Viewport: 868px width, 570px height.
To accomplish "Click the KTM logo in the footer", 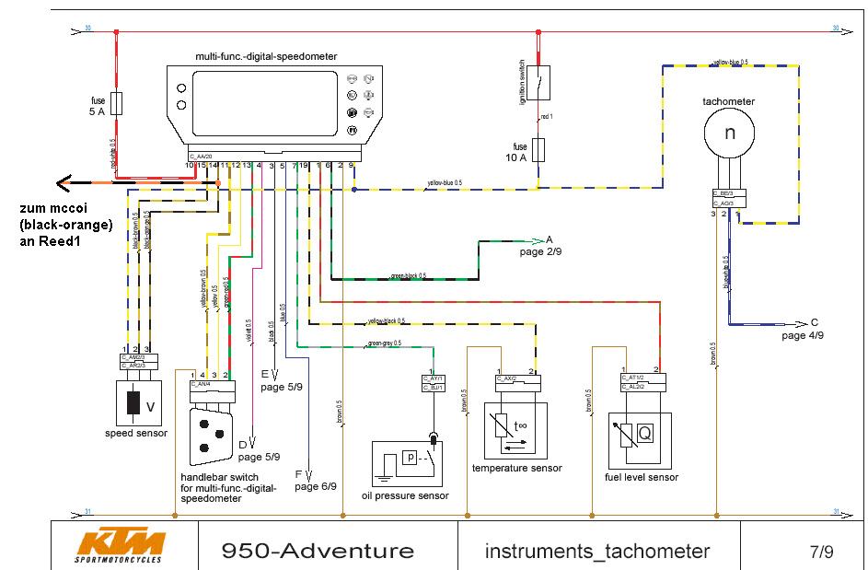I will tap(120, 546).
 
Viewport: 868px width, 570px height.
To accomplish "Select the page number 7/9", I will tap(821, 553).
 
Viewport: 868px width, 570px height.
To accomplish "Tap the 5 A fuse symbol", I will tap(117, 101).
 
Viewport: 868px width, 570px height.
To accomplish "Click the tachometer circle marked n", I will tap(730, 133).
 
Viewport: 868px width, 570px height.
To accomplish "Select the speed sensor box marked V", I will tap(139, 403).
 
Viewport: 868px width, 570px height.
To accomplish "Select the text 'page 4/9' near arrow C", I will tap(803, 336).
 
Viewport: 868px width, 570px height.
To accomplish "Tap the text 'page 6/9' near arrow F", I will tap(316, 486).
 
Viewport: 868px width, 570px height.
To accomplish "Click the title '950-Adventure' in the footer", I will tap(318, 552).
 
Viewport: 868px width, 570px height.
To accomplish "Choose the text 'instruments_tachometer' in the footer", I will tap(597, 552).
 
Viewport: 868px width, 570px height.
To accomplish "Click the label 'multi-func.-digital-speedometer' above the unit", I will tap(266, 56).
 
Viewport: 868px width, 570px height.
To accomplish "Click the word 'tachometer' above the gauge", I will tap(728, 101).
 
